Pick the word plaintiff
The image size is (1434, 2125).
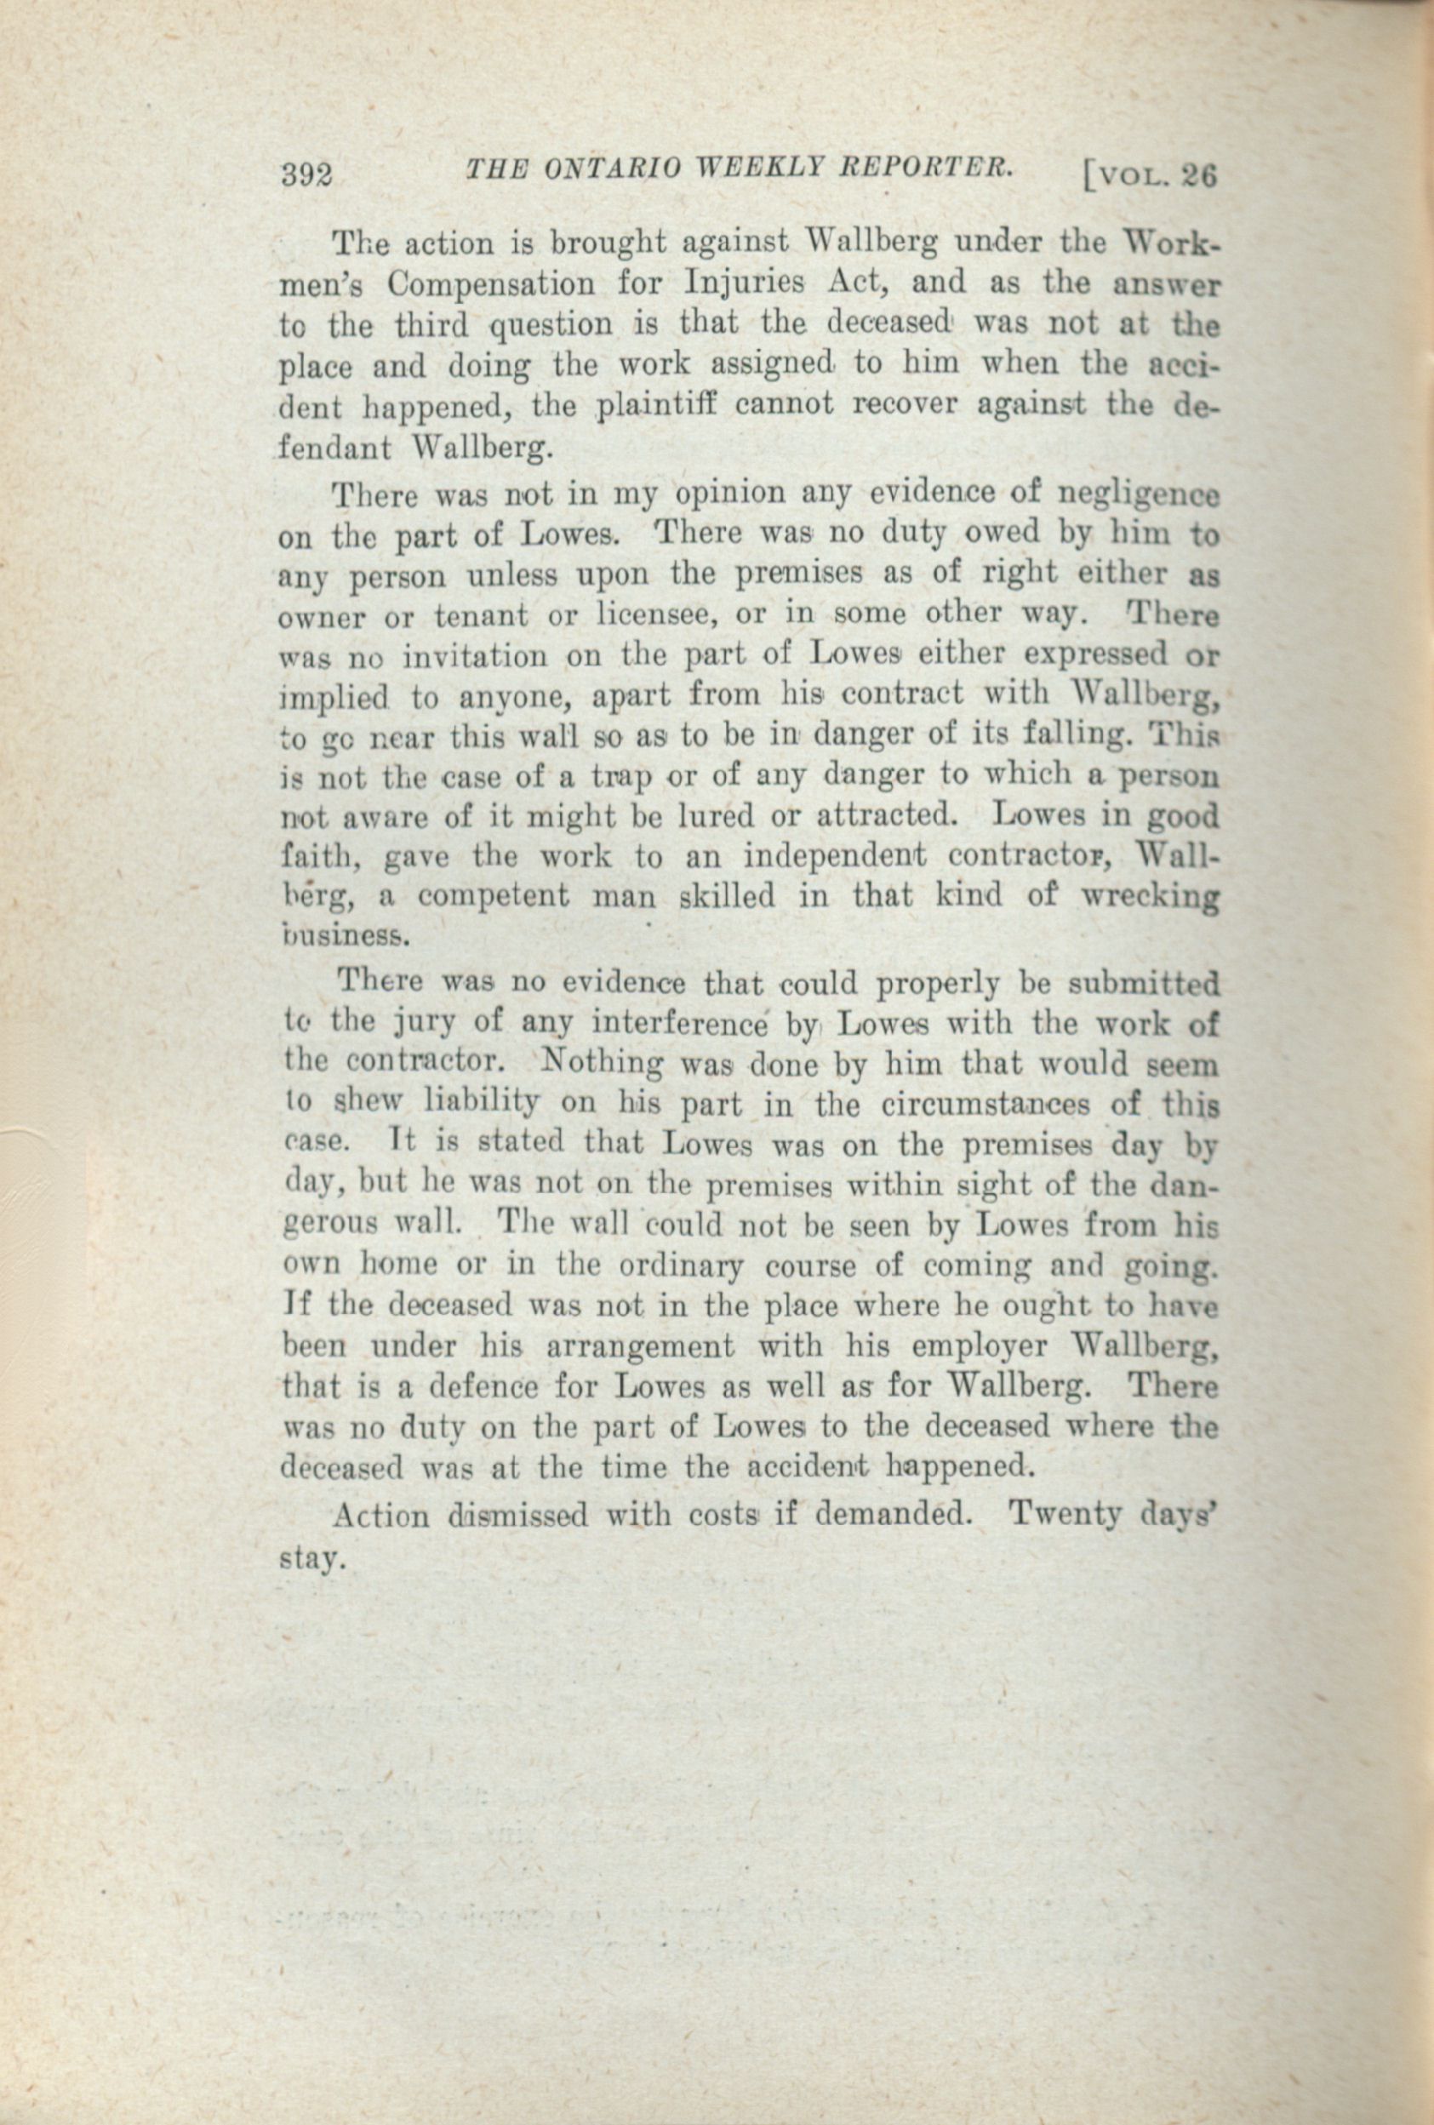[x=652, y=408]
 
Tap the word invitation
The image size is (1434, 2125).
[x=480, y=655]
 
